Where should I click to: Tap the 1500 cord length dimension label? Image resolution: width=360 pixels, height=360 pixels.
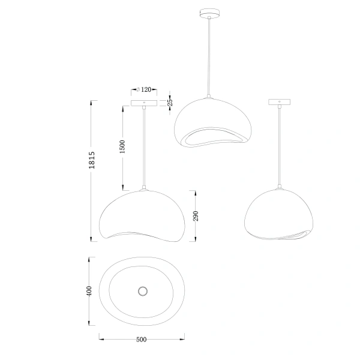point(122,146)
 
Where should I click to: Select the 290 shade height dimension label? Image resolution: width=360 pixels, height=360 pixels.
point(196,216)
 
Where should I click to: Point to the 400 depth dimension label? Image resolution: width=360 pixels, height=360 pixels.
point(89,292)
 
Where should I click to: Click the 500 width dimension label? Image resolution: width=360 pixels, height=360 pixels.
point(142,340)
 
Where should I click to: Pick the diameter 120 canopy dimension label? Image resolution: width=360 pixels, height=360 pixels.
point(144,89)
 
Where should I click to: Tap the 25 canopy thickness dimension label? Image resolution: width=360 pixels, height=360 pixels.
point(170,103)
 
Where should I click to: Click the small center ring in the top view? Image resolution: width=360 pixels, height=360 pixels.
point(143,292)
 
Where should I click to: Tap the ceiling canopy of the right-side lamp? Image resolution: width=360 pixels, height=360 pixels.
point(280,103)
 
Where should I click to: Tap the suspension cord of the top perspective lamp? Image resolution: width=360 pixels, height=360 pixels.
point(209,54)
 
